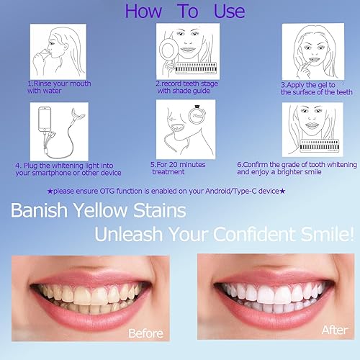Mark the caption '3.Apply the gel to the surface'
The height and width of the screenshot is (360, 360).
(315, 88)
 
